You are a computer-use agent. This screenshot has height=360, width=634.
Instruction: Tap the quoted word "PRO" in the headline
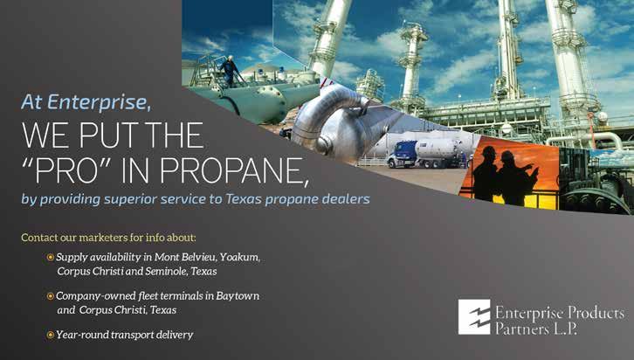point(67,170)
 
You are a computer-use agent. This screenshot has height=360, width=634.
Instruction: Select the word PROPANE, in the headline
point(234,171)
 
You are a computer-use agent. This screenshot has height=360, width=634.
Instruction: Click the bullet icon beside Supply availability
point(51,257)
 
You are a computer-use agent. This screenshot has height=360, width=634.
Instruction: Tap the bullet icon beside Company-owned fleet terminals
point(51,296)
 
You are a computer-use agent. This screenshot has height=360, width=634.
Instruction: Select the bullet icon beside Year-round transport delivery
point(51,335)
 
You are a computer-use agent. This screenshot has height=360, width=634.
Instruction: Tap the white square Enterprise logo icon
point(474,316)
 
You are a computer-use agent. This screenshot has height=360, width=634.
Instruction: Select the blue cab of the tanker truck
point(401,153)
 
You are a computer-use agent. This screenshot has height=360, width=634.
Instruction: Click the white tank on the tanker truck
point(437,149)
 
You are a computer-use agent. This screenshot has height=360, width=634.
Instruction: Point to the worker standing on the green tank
point(230,71)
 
